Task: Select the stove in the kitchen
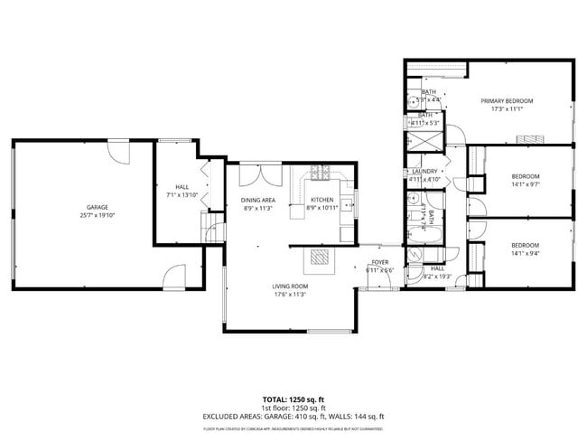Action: (x=319, y=173)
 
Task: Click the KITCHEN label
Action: (x=322, y=200)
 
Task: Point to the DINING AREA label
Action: (x=258, y=200)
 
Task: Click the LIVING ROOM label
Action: (x=291, y=286)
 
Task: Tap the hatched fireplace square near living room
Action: (x=321, y=258)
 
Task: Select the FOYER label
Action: (x=379, y=263)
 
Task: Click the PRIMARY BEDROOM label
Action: (x=507, y=100)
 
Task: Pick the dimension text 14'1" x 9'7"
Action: (x=526, y=184)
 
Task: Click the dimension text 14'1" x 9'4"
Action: (x=526, y=254)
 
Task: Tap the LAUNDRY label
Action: (x=424, y=171)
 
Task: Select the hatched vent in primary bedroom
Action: (x=530, y=137)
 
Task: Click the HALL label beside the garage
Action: (x=181, y=187)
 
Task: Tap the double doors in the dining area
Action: (x=206, y=183)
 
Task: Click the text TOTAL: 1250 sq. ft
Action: (x=293, y=399)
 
